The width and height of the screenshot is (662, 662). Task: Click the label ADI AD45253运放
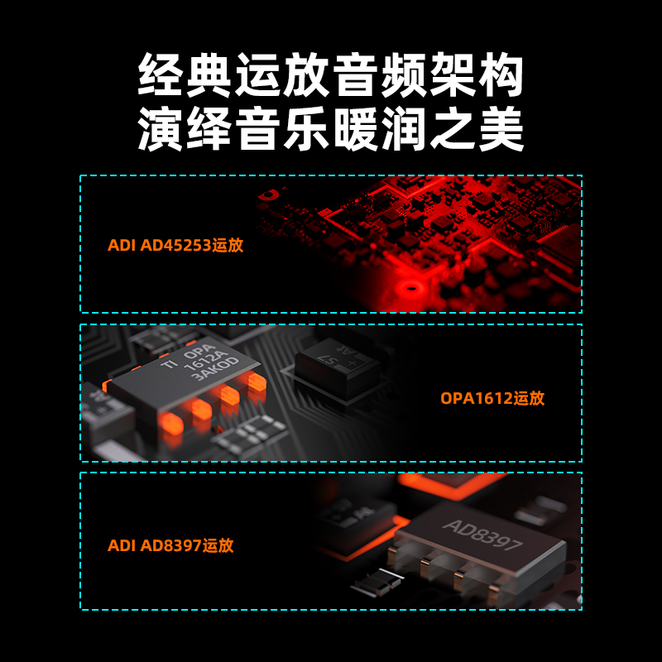[175, 246]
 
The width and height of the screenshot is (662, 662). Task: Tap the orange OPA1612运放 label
[492, 398]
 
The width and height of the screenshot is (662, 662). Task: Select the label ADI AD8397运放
[170, 546]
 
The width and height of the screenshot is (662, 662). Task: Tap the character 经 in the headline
[159, 77]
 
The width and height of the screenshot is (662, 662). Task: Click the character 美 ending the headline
[502, 130]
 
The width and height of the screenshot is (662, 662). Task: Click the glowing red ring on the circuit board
[409, 290]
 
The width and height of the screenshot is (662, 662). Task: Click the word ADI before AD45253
[121, 246]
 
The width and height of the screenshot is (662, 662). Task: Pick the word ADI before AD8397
[121, 546]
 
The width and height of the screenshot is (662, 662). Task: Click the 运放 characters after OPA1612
[529, 398]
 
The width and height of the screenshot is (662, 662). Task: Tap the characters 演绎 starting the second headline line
[184, 130]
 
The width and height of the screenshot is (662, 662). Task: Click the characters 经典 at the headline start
[184, 77]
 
